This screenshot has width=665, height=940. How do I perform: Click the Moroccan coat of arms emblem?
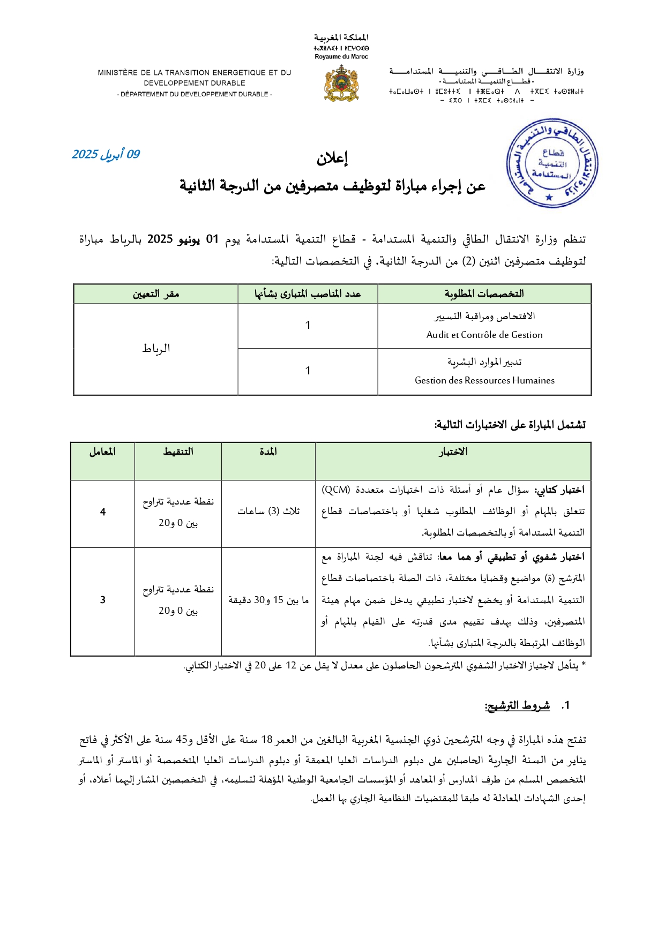[341, 84]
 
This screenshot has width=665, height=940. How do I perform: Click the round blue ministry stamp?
[552, 164]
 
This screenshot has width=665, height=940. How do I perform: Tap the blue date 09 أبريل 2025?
[106, 154]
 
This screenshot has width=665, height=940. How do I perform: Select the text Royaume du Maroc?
[341, 57]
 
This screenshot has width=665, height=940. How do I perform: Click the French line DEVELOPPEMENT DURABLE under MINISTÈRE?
[195, 83]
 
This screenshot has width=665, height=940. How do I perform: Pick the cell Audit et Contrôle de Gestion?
[484, 335]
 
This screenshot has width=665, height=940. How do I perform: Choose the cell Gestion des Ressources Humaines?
[484, 380]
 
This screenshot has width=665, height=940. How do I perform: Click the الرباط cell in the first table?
[155, 349]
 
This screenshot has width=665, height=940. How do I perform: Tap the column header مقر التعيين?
[155, 294]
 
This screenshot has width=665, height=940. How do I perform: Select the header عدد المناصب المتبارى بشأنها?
[308, 294]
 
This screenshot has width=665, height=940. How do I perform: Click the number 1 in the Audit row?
[308, 325]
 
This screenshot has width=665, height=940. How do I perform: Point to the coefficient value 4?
[102, 512]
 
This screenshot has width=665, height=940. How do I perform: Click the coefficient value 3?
[102, 600]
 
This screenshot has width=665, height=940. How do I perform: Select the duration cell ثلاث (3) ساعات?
[268, 511]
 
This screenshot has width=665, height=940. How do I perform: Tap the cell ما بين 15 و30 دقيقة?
[268, 600]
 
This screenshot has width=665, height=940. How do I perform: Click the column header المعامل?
[102, 452]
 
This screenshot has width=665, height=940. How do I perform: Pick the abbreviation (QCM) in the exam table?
[336, 490]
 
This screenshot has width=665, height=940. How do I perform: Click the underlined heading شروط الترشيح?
[517, 705]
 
